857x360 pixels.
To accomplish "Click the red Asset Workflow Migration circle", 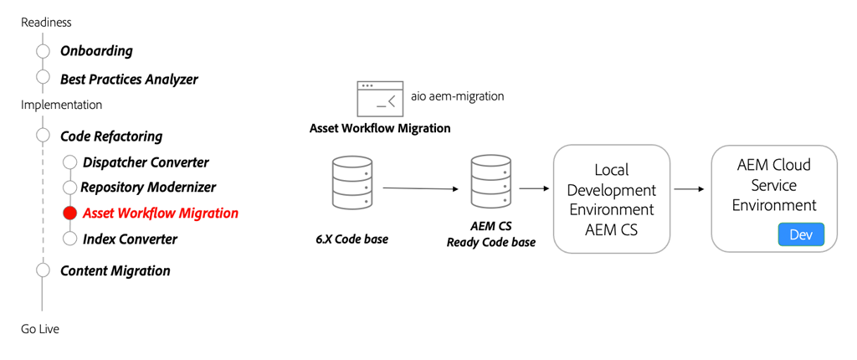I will pyautogui.click(x=70, y=213).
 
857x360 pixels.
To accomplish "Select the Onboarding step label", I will pyautogui.click(x=96, y=51).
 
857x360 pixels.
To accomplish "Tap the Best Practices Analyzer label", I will pyautogui.click(x=129, y=80).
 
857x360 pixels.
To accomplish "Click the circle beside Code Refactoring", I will pyautogui.click(x=44, y=136).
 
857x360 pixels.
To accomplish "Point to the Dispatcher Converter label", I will pyautogui.click(x=146, y=162).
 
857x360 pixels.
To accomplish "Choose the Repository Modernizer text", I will pyautogui.click(x=148, y=188).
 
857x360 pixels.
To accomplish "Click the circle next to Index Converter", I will pyautogui.click(x=70, y=239).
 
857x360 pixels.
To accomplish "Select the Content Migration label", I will pyautogui.click(x=115, y=271).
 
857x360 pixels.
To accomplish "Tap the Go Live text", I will pyautogui.click(x=40, y=329).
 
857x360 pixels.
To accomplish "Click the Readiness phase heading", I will pyautogui.click(x=46, y=23).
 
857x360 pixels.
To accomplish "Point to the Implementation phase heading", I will pyautogui.click(x=61, y=105).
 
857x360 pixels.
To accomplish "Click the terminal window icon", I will pyautogui.click(x=379, y=99).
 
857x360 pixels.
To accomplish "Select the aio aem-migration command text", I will pyautogui.click(x=457, y=96).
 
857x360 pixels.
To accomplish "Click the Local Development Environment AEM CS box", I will pyautogui.click(x=611, y=199).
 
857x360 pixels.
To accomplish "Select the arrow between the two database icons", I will pyautogui.click(x=422, y=188).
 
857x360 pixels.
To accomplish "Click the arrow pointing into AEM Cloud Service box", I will pyautogui.click(x=690, y=189).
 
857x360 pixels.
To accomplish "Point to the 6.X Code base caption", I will pyautogui.click(x=352, y=239).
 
